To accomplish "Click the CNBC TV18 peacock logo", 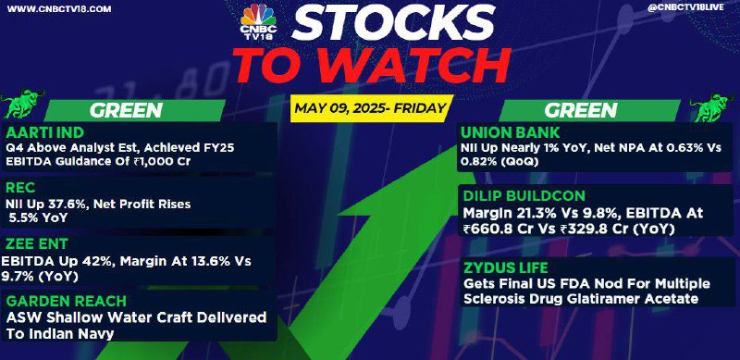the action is pos(258,20).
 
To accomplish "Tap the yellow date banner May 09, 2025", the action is pos(371,108).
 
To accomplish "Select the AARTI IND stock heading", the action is pos(45,132).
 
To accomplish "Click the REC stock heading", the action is pos(20,188).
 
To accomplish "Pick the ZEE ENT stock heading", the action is pos(37,243).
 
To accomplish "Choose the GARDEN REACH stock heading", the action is pos(66,301).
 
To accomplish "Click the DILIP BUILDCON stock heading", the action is pos(524,195).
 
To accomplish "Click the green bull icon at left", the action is pos(22,104).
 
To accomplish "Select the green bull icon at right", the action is pos(713,107).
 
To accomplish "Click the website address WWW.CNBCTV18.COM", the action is pos(59,9).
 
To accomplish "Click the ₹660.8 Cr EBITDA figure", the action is pos(497,230).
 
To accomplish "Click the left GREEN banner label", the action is pos(126,110).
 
